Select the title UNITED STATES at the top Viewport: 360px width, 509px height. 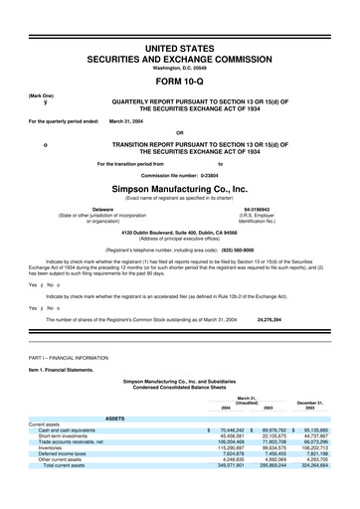(179, 48)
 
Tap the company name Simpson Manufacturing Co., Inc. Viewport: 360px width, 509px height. (179, 186)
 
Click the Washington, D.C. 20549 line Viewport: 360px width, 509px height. (179, 68)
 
